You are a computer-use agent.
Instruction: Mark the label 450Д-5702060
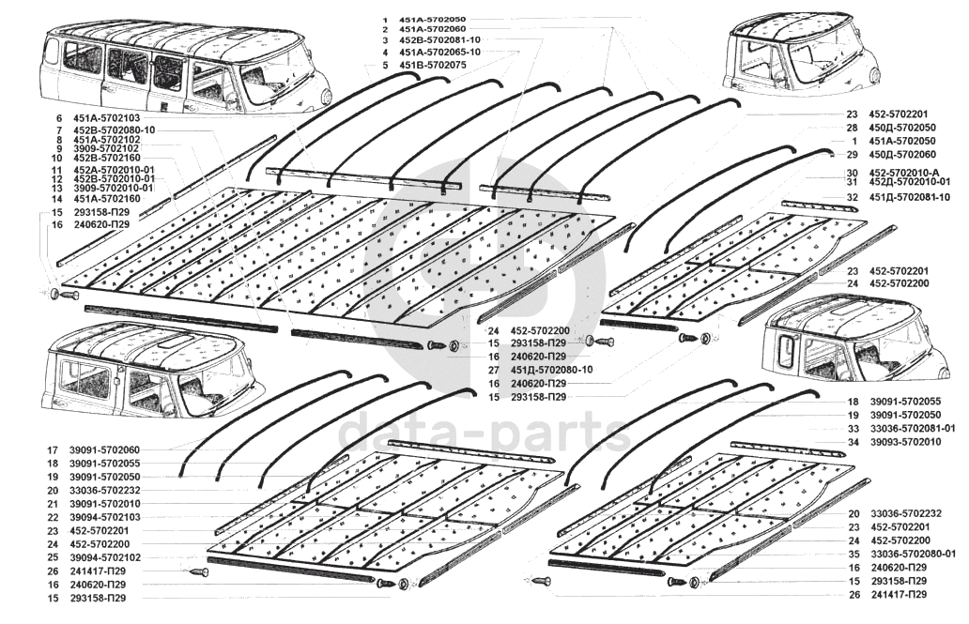[902, 154]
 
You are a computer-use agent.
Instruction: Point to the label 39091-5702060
[106, 450]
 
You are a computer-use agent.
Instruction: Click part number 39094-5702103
[106, 517]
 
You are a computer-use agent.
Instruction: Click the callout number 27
[492, 371]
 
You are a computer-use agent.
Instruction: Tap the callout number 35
[854, 554]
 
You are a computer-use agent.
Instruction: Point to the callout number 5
[384, 65]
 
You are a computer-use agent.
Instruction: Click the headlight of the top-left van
[326, 96]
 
